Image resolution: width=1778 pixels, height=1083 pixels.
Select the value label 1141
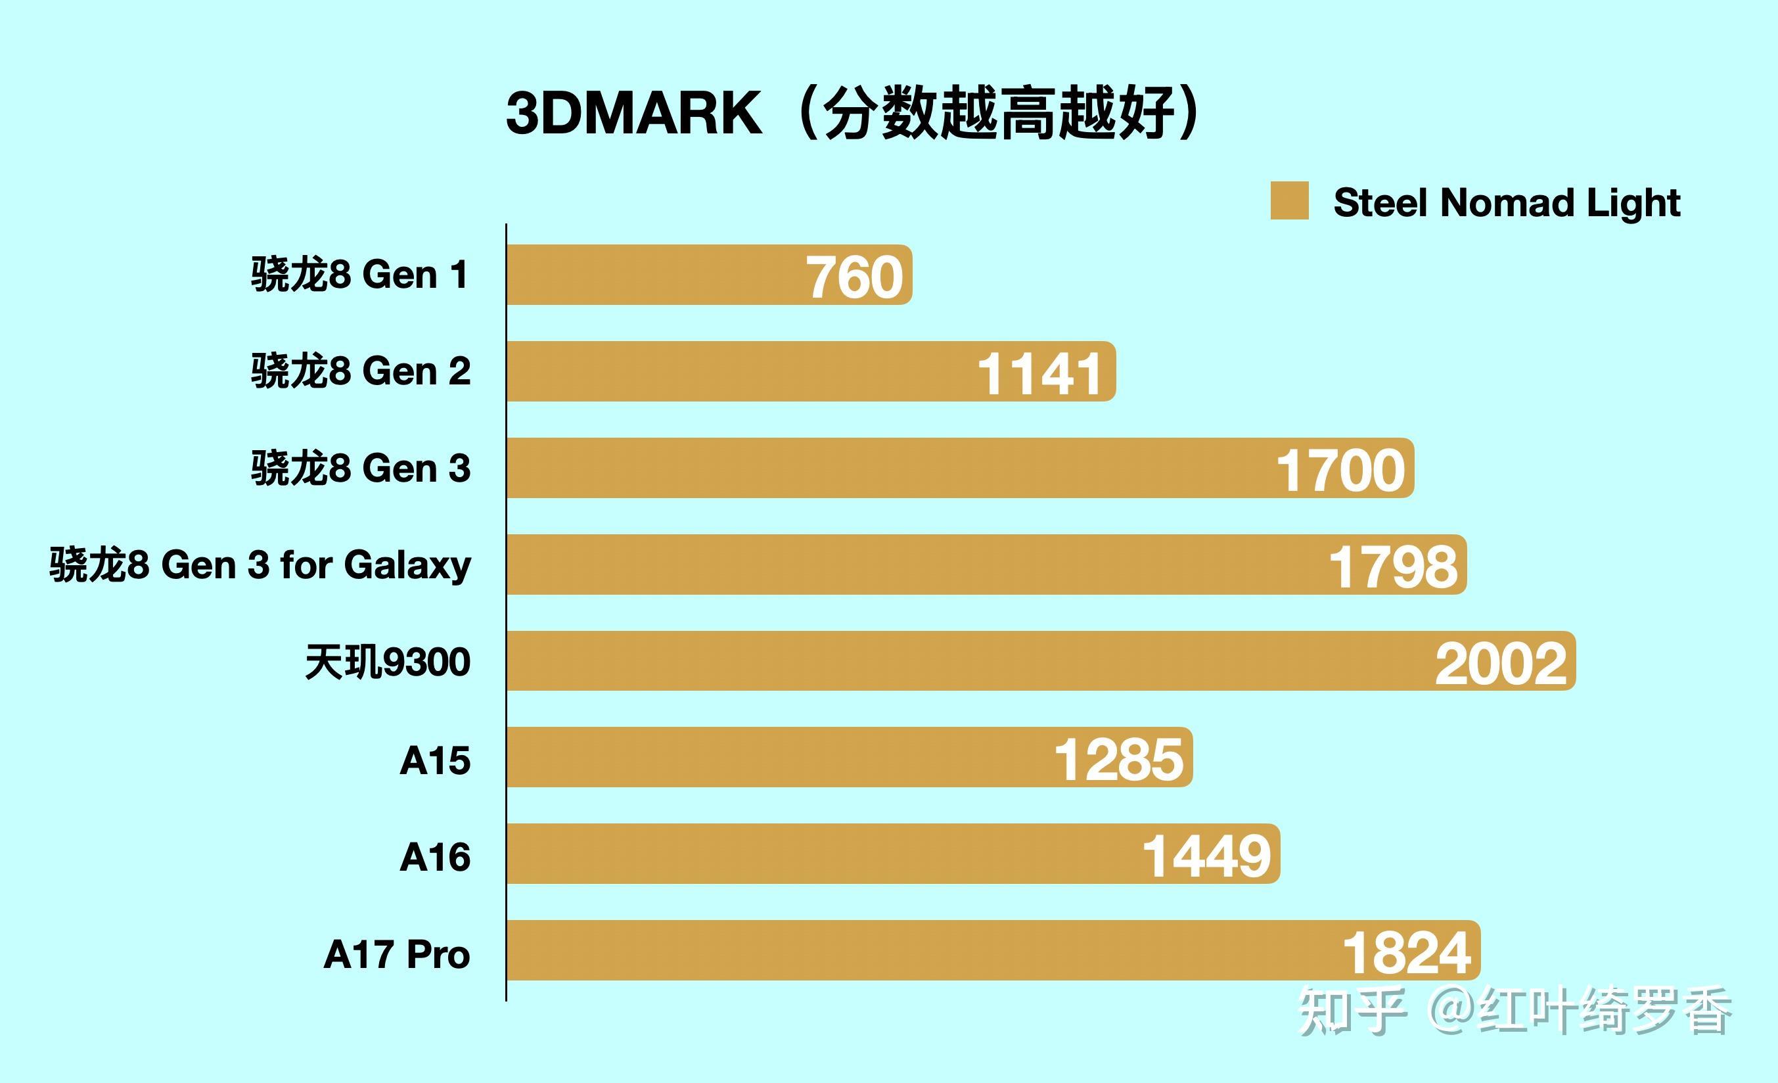pos(1039,374)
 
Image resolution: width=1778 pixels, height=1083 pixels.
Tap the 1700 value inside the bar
pos(1340,471)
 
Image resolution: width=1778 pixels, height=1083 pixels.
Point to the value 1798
pos(1393,567)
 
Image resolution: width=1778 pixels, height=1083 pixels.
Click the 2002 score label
pos(1501,664)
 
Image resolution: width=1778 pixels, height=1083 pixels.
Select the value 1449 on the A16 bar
pos(1206,856)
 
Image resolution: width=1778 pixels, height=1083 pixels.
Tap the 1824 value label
pos(1406,953)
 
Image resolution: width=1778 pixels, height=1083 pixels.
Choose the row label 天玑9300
pos(388,662)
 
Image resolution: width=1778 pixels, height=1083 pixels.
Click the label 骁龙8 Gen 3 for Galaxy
pos(260,565)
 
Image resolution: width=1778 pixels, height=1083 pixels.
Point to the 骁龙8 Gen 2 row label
pos(361,371)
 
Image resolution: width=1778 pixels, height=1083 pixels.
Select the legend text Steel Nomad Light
pos(1507,203)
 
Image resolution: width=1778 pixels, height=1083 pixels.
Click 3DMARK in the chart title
pos(633,113)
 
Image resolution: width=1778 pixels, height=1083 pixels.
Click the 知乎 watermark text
pos(1352,1011)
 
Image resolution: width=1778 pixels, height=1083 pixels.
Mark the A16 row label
pos(435,857)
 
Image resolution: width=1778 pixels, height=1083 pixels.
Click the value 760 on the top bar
pos(854,277)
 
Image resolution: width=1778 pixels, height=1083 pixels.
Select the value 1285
pos(1118,760)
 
